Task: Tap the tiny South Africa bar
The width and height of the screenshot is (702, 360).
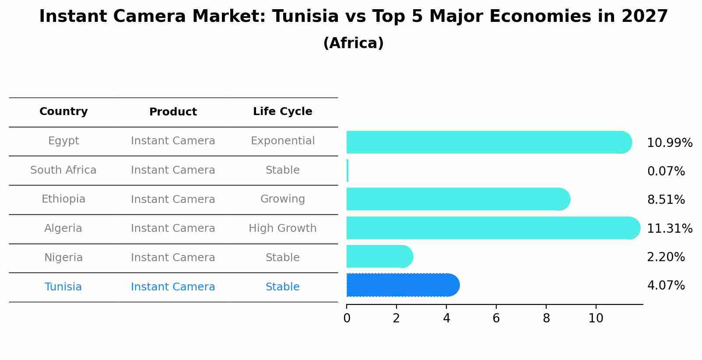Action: click(347, 171)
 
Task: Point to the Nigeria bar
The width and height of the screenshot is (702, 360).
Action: click(379, 256)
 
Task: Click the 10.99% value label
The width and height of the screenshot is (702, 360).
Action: click(669, 143)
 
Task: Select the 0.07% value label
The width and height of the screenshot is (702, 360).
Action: click(666, 171)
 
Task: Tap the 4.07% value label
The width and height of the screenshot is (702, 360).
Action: click(666, 286)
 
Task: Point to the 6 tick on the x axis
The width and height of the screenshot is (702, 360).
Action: click(496, 318)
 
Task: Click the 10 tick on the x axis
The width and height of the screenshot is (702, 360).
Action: click(596, 318)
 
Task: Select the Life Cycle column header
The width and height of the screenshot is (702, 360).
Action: click(282, 112)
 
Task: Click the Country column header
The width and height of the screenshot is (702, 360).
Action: click(63, 112)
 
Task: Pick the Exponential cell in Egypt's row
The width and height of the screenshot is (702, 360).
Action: click(282, 141)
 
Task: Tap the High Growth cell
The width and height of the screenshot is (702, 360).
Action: click(282, 228)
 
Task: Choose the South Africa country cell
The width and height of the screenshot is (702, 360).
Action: click(63, 170)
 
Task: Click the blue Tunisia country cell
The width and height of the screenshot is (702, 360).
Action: click(63, 287)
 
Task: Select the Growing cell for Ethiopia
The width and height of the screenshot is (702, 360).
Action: click(282, 199)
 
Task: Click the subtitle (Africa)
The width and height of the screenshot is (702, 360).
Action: click(353, 43)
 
